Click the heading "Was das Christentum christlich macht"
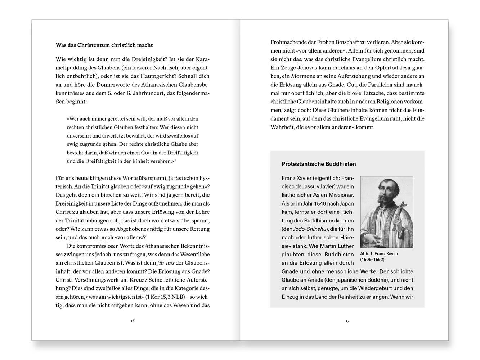[104, 45]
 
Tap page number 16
[133, 321]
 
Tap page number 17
[347, 321]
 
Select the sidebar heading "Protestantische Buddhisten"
[319, 164]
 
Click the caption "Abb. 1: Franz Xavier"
[379, 254]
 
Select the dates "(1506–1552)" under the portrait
[372, 260]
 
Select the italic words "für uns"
[165, 263]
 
